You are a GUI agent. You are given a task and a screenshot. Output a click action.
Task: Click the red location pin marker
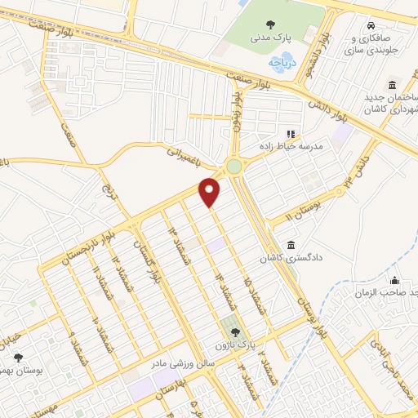pos(211,192)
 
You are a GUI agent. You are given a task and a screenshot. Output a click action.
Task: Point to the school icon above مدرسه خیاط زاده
pos(288,134)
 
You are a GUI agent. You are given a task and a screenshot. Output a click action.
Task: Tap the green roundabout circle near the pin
pos(235,167)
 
